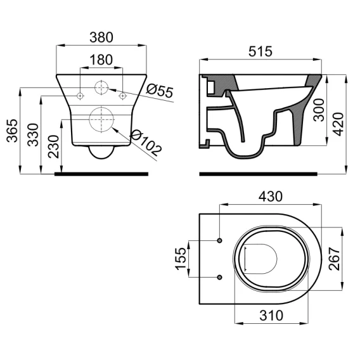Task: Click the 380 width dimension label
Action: coord(101,37)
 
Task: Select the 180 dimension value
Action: coord(101,60)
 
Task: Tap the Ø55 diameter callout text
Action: coord(160,91)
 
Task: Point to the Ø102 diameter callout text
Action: coord(146,143)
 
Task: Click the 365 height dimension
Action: coord(12,131)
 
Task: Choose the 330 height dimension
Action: coord(33,135)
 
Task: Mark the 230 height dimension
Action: coord(53,146)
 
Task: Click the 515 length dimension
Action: coord(260,51)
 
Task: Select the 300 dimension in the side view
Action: coord(319,110)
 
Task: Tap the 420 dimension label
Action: coord(338,124)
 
